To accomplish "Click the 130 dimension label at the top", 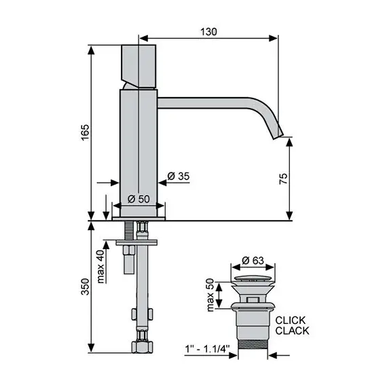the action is click(x=208, y=32).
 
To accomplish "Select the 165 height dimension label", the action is click(x=85, y=132).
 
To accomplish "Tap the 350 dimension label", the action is click(x=85, y=287).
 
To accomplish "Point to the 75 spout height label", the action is click(x=283, y=179).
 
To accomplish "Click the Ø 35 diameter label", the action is click(x=178, y=177).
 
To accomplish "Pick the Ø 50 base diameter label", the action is click(x=139, y=199).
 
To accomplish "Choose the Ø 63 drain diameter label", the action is click(x=253, y=261).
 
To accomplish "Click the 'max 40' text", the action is click(x=101, y=266).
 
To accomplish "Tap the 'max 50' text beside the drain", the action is click(x=210, y=295).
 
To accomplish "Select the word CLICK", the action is click(x=291, y=320).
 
